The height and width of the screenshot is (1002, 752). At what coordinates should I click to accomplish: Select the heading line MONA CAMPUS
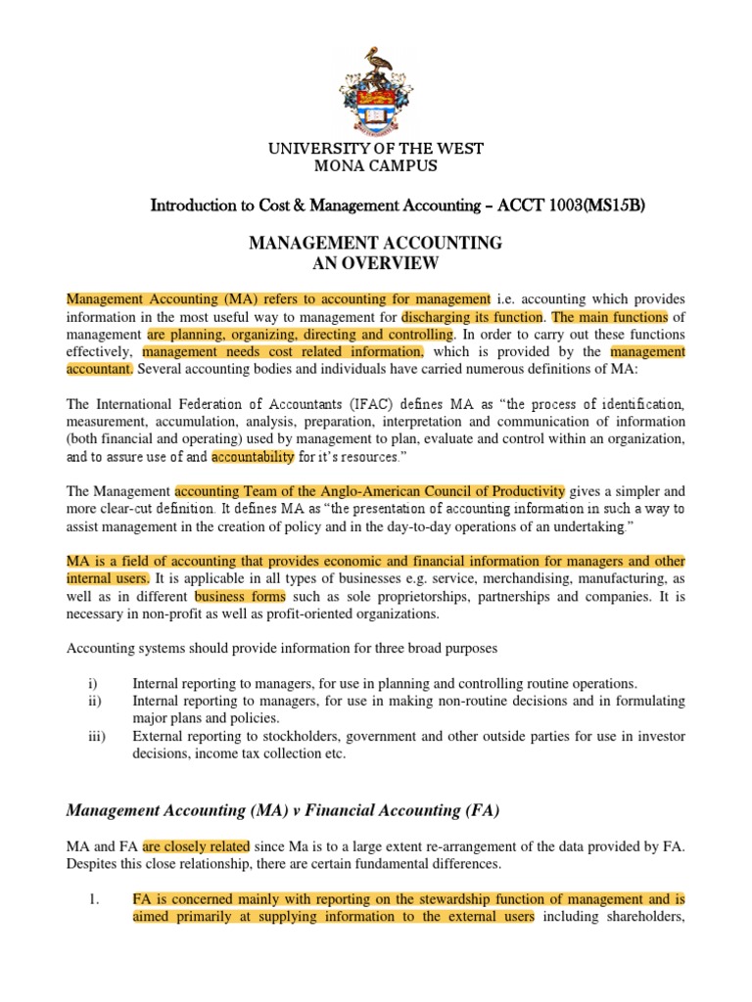(x=376, y=165)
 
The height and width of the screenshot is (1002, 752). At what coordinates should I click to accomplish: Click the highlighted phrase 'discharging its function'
(x=473, y=316)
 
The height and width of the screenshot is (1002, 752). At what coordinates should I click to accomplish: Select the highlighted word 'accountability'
(x=253, y=456)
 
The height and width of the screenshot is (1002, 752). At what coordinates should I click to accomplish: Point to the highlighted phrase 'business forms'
(x=240, y=596)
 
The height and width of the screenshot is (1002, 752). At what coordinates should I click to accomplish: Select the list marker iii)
(x=75, y=735)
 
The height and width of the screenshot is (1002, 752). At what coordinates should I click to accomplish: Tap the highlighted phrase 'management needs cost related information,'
(x=283, y=351)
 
